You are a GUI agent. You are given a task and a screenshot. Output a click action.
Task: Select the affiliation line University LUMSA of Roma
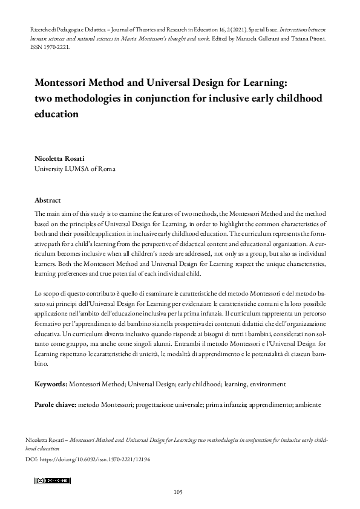(x=74, y=169)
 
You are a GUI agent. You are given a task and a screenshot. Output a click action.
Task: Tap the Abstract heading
(x=48, y=200)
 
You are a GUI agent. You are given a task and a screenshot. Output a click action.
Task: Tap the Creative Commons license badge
(x=53, y=481)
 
